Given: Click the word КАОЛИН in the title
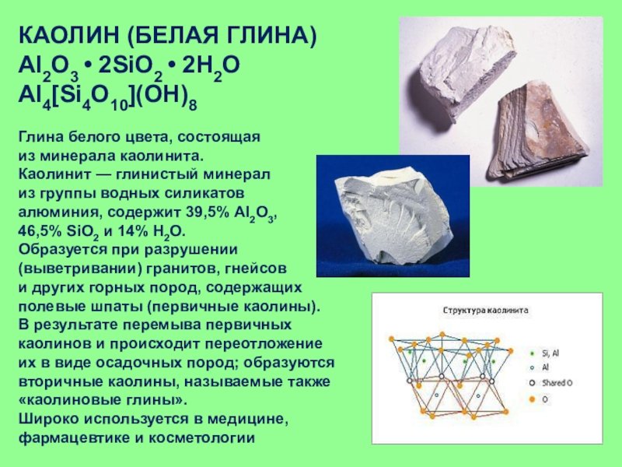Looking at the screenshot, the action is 68,35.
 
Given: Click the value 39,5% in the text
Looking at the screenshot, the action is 207,212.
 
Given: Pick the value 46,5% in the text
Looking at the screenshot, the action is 40,231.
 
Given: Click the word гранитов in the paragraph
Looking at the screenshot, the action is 182,269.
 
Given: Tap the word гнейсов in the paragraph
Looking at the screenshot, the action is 256,269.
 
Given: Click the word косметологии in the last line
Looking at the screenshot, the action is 201,438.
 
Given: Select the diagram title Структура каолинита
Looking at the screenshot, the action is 485,310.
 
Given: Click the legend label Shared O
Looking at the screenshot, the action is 557,383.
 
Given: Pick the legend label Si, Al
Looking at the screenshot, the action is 550,353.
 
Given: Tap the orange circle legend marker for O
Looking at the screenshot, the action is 533,399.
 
